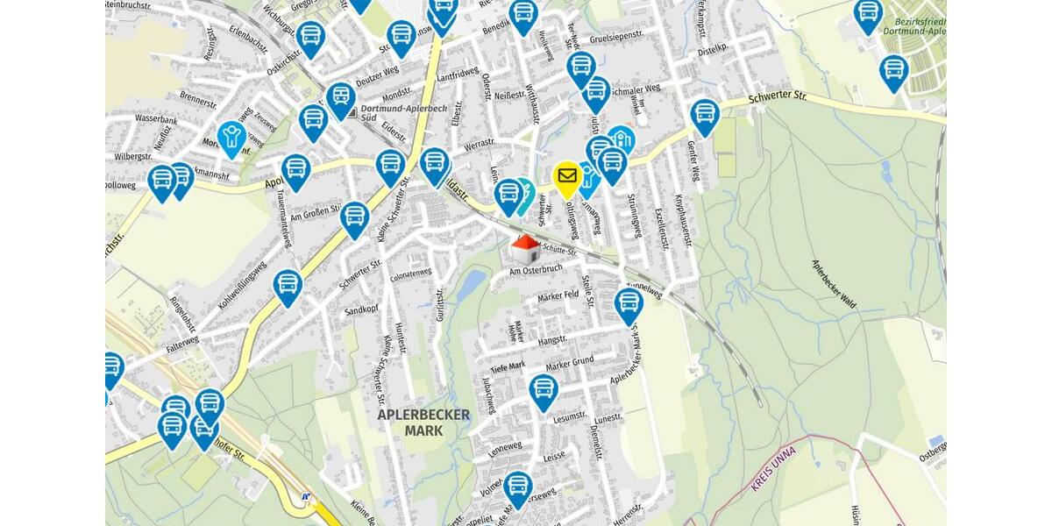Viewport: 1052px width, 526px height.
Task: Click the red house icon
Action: [525, 249]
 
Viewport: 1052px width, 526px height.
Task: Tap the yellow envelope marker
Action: [567, 178]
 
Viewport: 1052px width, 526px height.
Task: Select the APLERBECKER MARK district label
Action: [424, 423]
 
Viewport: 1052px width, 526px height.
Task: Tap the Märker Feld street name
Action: [558, 295]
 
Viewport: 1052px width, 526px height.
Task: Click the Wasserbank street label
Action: [157, 119]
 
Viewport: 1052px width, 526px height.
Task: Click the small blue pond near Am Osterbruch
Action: [472, 283]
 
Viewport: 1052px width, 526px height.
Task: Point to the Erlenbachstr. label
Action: [249, 35]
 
